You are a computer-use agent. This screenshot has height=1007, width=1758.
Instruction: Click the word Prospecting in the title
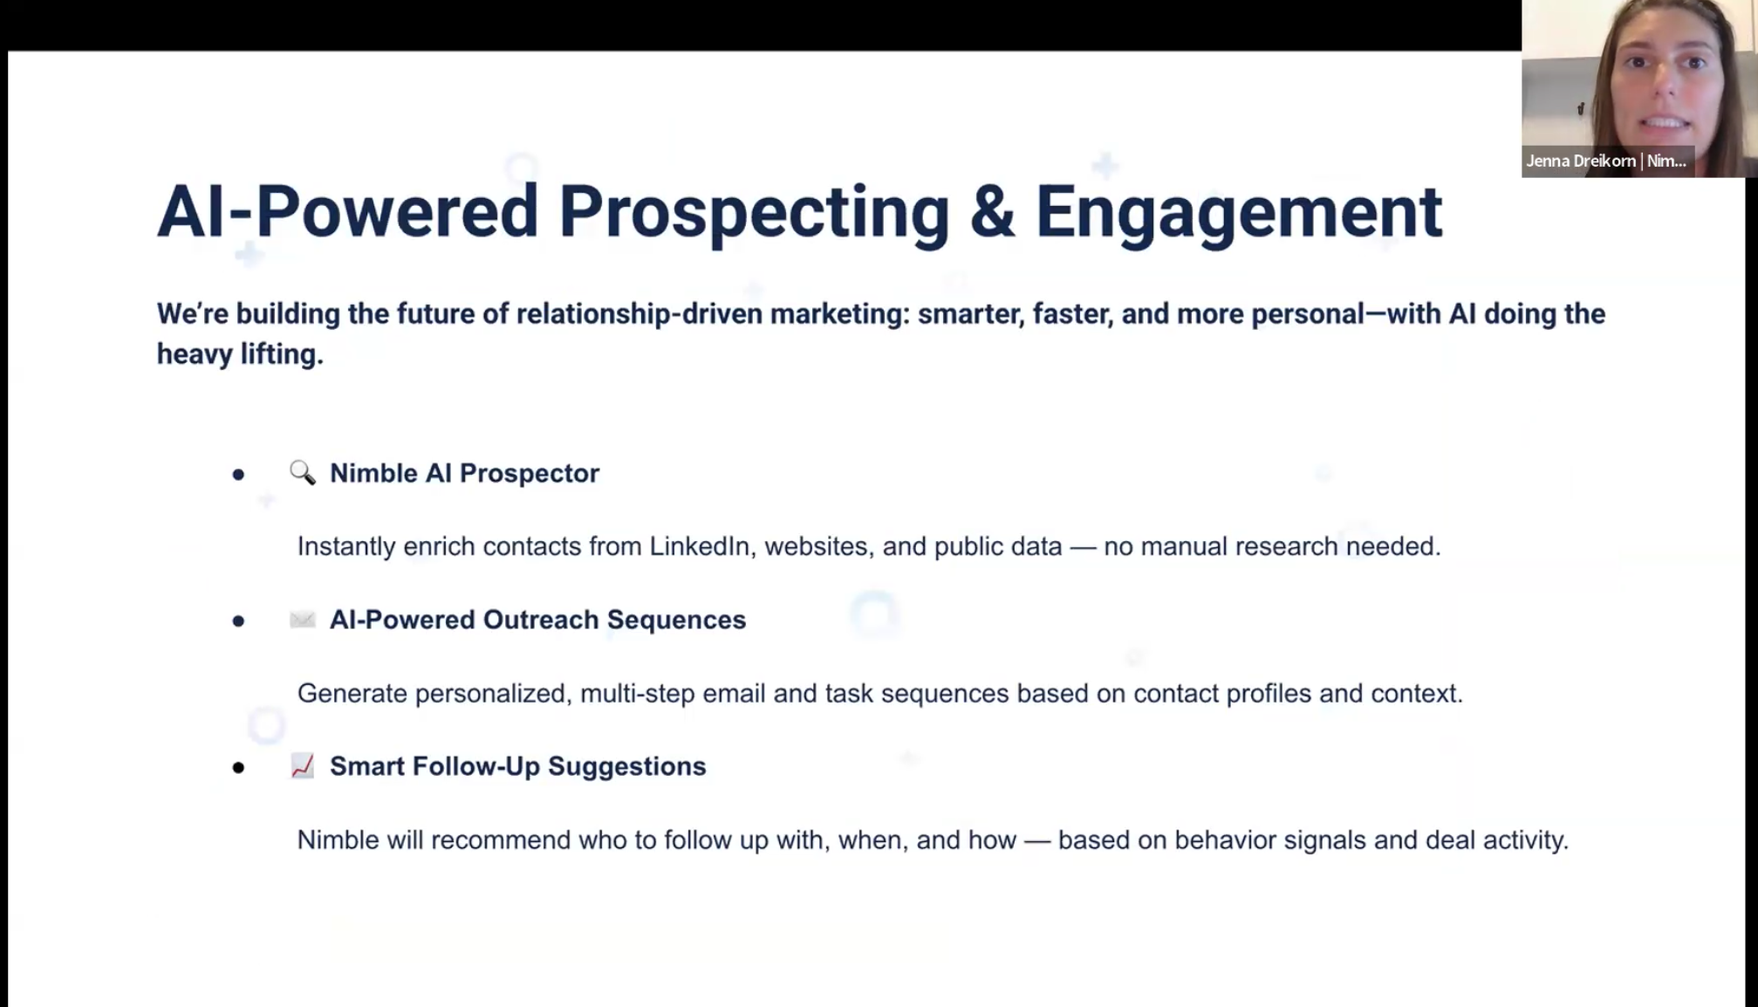[x=753, y=213]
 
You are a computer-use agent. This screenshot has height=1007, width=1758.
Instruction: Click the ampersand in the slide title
[x=992, y=212]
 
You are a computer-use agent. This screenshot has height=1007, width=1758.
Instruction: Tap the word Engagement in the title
[x=1239, y=213]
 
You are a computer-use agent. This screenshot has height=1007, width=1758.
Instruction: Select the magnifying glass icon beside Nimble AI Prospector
[x=303, y=473]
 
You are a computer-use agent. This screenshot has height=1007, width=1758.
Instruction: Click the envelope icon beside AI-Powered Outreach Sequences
[x=303, y=620]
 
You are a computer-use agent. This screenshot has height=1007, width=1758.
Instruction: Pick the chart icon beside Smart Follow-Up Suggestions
[x=303, y=766]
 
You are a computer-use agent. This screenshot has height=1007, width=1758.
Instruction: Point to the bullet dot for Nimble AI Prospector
[x=238, y=475]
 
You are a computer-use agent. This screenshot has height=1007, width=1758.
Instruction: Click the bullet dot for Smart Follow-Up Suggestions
[x=238, y=768]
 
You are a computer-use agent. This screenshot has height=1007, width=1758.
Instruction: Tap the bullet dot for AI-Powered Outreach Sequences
[x=238, y=621]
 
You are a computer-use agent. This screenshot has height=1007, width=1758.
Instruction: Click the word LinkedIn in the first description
[x=699, y=546]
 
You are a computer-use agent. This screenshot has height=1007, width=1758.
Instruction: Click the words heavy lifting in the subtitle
[x=240, y=354]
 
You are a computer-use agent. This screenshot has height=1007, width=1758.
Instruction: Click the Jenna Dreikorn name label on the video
[x=1606, y=161]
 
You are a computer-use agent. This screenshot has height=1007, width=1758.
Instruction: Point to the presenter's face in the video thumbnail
[x=1663, y=83]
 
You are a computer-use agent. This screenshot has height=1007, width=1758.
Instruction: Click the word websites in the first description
[x=819, y=546]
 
